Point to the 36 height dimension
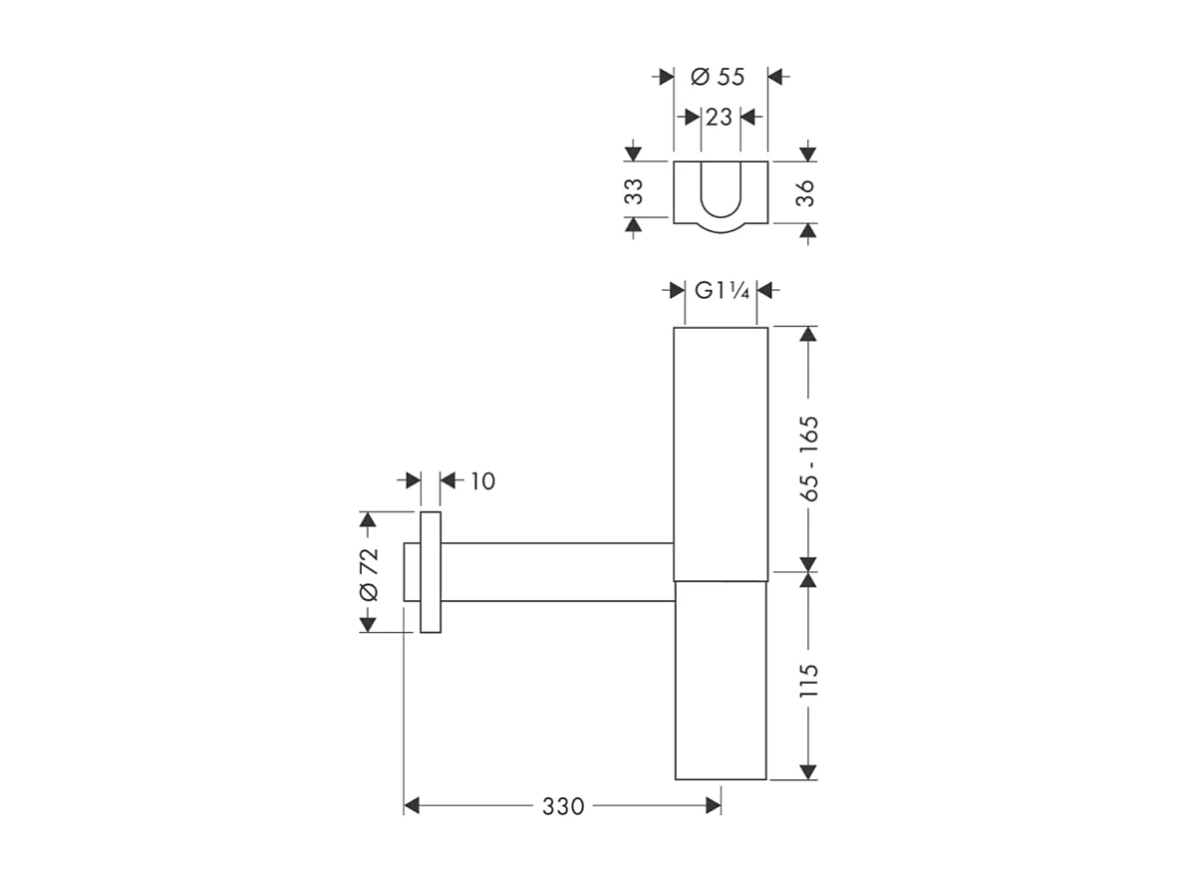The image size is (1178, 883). (806, 192)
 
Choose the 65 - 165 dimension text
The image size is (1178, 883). (808, 457)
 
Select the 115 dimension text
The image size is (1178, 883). (808, 680)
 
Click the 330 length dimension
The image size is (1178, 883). (563, 806)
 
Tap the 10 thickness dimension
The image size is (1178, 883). (481, 481)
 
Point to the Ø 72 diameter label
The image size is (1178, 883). (368, 574)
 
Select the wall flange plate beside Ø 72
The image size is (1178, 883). (431, 572)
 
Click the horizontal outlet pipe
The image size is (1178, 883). (558, 572)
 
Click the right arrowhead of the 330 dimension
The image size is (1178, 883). (714, 806)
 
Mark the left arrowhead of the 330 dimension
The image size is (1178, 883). (412, 806)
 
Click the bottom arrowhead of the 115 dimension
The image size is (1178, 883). (808, 771)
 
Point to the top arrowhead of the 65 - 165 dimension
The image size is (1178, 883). (808, 334)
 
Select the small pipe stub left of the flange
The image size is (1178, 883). (412, 572)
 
